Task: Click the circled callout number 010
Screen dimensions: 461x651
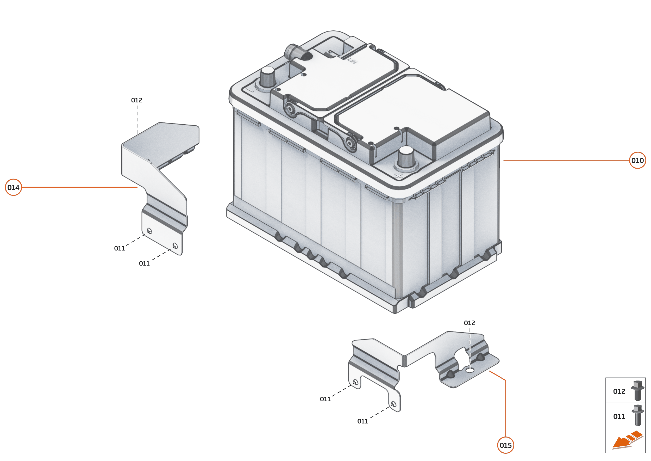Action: [637, 160]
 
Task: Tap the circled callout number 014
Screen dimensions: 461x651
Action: [13, 187]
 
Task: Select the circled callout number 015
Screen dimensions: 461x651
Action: [505, 445]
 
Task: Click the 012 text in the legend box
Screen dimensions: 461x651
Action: [619, 391]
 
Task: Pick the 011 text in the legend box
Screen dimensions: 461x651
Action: [619, 416]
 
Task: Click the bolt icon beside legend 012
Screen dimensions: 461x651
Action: [637, 391]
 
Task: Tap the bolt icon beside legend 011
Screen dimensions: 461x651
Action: [637, 415]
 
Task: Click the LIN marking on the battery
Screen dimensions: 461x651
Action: [352, 60]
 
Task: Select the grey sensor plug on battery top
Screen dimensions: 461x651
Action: [298, 53]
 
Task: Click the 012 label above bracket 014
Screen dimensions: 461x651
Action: [136, 100]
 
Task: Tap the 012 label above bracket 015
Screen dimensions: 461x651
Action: [469, 323]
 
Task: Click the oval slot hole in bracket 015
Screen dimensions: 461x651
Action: [470, 370]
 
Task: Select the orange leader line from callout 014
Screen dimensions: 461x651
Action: [79, 187]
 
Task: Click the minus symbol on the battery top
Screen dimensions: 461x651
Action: [250, 90]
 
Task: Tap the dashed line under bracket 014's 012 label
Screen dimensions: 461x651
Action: [137, 119]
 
